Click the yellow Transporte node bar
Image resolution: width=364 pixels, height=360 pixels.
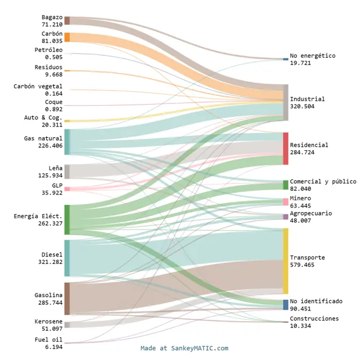click(285, 261)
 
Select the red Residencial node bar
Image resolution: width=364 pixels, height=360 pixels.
click(285, 148)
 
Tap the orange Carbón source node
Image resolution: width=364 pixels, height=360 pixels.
click(67, 37)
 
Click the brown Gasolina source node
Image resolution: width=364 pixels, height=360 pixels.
click(67, 299)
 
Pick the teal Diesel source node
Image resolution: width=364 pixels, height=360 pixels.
click(67, 258)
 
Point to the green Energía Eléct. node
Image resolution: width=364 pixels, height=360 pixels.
click(67, 219)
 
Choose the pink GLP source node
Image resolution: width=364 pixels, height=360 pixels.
click(67, 189)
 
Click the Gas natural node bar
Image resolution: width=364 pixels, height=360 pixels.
click(67, 142)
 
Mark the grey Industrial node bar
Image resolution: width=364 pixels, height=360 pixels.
click(285, 102)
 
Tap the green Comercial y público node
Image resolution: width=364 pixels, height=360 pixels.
click(285, 185)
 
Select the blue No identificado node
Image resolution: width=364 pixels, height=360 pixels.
click(285, 305)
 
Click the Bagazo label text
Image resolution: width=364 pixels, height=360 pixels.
click(52, 17)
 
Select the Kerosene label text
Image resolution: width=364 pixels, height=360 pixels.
click(48, 321)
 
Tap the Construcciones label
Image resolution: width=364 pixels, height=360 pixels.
click(314, 318)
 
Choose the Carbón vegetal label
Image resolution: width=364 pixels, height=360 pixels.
click(38, 86)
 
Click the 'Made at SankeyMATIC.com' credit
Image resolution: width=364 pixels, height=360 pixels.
click(184, 348)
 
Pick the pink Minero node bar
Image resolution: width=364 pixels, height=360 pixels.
click(285, 202)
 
